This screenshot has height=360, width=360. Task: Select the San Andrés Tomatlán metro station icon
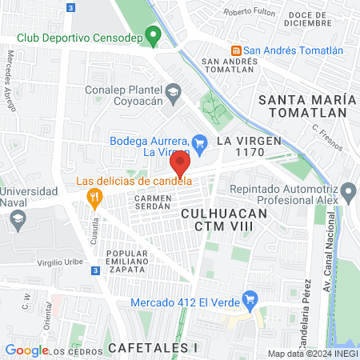236,50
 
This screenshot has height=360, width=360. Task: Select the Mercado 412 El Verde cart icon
249,302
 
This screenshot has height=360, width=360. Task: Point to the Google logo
26,350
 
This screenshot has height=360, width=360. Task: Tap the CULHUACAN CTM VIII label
222,220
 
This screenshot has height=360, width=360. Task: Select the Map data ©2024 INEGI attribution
312,354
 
